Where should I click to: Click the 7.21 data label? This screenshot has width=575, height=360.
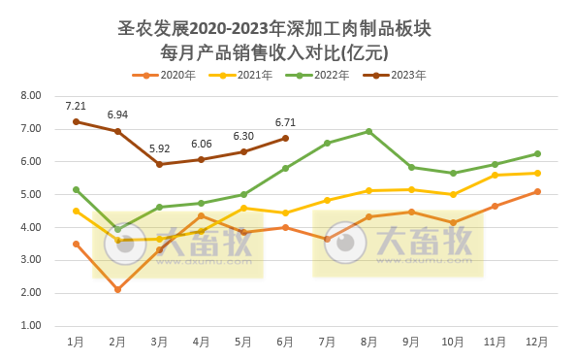tap(76, 105)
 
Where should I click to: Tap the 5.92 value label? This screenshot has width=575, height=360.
tap(159, 148)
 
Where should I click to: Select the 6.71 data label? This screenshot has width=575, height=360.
tap(285, 122)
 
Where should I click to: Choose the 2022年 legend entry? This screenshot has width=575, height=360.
tap(322, 75)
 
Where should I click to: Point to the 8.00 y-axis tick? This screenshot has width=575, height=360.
tap(31, 96)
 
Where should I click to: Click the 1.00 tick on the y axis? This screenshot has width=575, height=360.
tap(31, 326)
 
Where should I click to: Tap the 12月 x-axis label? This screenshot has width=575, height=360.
tap(537, 342)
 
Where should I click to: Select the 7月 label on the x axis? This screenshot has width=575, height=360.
tap(327, 342)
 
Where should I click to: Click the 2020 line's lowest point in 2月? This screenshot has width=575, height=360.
tap(117, 289)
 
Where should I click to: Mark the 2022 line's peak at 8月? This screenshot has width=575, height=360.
tap(369, 131)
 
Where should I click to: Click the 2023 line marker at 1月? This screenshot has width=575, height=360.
tap(76, 121)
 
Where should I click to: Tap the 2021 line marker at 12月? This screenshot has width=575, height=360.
tap(537, 173)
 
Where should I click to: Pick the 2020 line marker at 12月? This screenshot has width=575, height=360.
tap(537, 191)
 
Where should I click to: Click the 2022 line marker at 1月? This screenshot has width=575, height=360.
tap(76, 189)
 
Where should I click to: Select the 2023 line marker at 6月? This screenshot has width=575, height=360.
tap(285, 138)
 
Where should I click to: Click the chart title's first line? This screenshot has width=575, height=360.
tap(272, 28)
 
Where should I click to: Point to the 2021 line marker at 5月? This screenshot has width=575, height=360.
tap(243, 208)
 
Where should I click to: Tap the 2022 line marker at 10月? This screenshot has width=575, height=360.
tap(453, 173)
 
